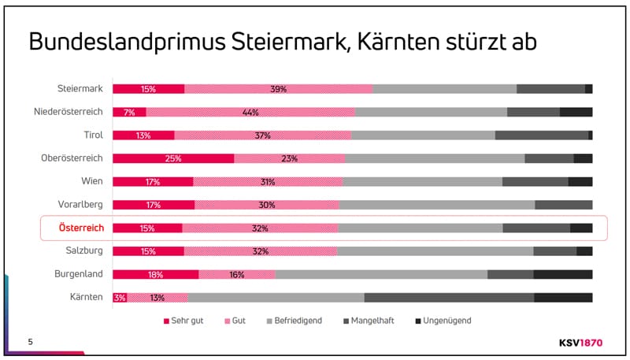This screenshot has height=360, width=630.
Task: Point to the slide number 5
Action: tap(30, 341)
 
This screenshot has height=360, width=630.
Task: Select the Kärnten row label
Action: tap(86, 297)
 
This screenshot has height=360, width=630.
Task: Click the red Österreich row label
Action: tap(81, 228)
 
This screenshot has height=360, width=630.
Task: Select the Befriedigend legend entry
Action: tap(295, 321)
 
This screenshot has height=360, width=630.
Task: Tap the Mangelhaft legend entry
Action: tap(370, 321)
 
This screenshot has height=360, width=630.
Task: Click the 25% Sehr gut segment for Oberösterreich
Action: tap(173, 158)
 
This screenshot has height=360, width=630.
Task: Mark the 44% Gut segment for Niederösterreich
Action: tap(250, 112)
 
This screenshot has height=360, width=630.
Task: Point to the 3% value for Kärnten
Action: tap(120, 298)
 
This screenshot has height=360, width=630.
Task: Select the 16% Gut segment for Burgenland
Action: tap(237, 274)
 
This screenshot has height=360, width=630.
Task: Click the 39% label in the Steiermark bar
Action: tap(278, 89)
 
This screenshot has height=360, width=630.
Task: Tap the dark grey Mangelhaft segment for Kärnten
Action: tap(449, 298)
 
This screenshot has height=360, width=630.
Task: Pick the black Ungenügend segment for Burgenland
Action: tap(562, 274)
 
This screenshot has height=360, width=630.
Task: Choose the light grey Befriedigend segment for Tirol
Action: tap(423, 135)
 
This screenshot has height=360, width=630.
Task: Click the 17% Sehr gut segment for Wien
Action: tap(153, 182)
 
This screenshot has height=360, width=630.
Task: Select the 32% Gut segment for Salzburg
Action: tap(260, 251)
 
